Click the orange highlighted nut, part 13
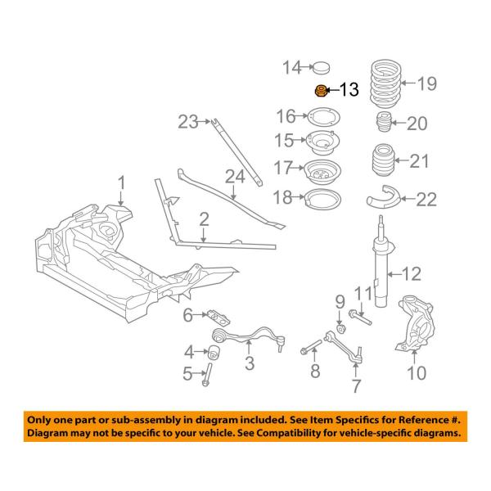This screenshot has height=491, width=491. (322, 91)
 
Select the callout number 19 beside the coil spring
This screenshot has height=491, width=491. (427, 83)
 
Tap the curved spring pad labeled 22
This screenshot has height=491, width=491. (378, 197)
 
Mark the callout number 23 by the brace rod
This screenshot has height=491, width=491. (188, 123)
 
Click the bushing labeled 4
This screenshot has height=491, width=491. (217, 353)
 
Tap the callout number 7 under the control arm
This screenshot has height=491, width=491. (356, 385)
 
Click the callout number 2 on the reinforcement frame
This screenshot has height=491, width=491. (203, 218)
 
